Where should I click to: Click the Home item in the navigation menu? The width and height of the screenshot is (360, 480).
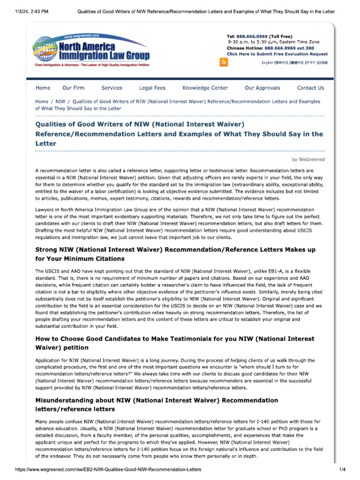click(43, 88)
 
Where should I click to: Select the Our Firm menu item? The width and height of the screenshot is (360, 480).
click(74, 88)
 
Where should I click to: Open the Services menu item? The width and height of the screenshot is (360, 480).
click(112, 88)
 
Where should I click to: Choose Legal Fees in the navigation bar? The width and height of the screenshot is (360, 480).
click(152, 88)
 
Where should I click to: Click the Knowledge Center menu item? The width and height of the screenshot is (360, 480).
click(205, 88)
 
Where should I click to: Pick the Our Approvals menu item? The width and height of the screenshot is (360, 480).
click(262, 88)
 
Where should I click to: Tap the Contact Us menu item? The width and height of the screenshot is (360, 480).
click(310, 88)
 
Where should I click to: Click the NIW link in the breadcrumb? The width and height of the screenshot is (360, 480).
click(60, 101)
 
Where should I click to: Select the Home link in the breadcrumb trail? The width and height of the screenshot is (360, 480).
click(42, 101)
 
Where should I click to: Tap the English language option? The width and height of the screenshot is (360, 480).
click(267, 63)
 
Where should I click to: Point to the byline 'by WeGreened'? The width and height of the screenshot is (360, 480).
click(308, 159)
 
